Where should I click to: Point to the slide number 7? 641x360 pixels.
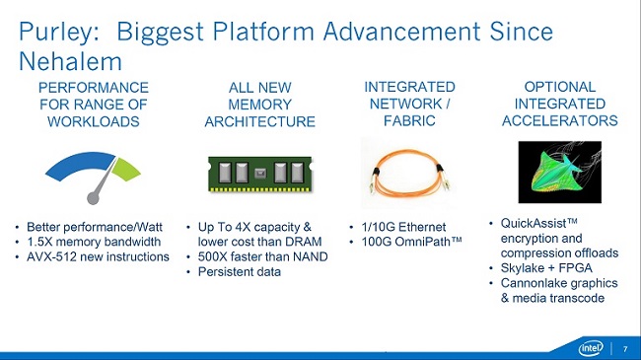tap(624, 349)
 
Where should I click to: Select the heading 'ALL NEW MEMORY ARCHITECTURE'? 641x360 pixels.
tap(259, 105)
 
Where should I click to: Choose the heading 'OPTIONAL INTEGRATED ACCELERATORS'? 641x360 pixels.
tap(560, 105)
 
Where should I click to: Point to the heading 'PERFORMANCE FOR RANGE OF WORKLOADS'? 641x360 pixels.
tap(95, 105)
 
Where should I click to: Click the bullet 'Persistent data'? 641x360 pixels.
tap(240, 273)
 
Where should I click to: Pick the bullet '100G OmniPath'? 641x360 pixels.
tap(414, 243)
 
